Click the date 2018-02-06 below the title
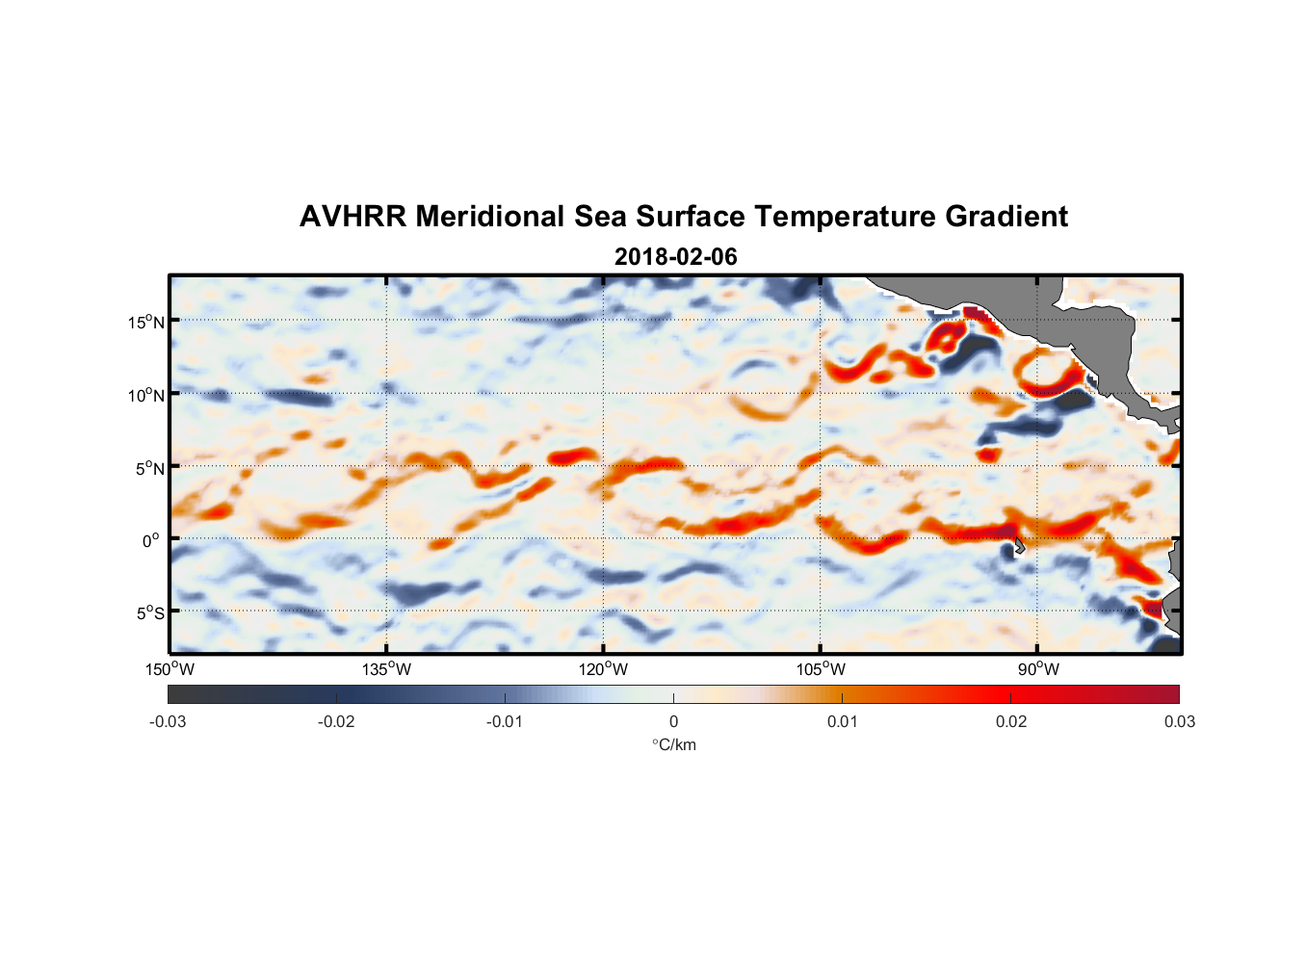coord(675,257)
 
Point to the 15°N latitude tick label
coord(146,322)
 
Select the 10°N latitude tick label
coord(146,395)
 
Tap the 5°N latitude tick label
coord(149,468)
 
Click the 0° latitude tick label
coord(150,540)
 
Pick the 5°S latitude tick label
coord(149,612)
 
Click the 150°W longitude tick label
coord(170,669)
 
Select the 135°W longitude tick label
coord(386,669)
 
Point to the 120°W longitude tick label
coord(603,669)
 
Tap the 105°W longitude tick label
coord(821,669)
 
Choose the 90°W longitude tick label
coord(1037,669)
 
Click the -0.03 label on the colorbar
coord(168,721)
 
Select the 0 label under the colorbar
coord(673,721)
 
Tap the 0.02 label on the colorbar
coord(1010,721)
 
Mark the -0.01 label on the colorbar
coord(505,721)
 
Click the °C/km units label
coord(673,744)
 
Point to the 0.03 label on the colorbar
coord(1179,721)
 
